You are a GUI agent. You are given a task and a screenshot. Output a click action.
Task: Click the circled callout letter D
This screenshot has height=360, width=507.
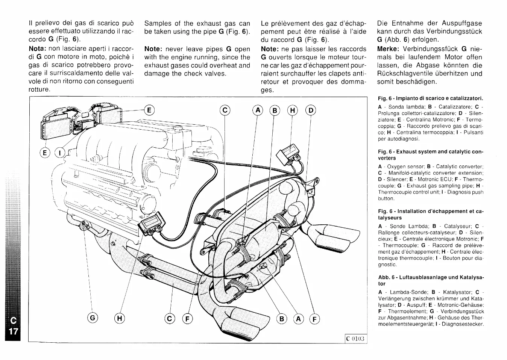click(x=311, y=110)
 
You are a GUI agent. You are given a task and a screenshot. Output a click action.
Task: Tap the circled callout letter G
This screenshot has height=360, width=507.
click(x=93, y=319)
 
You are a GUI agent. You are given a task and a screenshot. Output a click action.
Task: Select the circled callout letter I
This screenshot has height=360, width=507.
click(x=60, y=153)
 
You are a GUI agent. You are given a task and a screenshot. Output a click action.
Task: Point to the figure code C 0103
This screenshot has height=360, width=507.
click(x=355, y=338)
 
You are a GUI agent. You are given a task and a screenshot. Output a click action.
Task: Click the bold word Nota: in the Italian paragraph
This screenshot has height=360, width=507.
click(x=38, y=49)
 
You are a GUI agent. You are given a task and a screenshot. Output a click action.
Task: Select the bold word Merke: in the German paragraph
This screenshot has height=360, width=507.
click(x=388, y=49)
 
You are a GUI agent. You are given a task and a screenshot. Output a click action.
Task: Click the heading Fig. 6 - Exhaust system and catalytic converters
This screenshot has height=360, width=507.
click(x=430, y=155)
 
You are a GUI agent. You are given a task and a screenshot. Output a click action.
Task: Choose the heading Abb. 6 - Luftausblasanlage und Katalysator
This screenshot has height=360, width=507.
click(x=430, y=280)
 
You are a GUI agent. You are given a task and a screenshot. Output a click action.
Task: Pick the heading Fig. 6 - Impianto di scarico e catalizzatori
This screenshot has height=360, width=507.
click(x=430, y=98)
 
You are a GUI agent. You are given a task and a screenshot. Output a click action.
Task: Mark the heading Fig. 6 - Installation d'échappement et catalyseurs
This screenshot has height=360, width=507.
click(x=430, y=214)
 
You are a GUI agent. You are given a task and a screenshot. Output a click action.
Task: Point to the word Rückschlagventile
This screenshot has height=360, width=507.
click(x=406, y=73)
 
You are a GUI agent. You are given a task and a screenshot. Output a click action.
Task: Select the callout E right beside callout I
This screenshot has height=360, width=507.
click(x=46, y=153)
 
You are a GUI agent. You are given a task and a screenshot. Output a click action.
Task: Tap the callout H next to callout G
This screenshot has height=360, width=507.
click(x=119, y=319)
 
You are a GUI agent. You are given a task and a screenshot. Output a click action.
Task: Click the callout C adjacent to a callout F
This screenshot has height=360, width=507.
click(x=170, y=319)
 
